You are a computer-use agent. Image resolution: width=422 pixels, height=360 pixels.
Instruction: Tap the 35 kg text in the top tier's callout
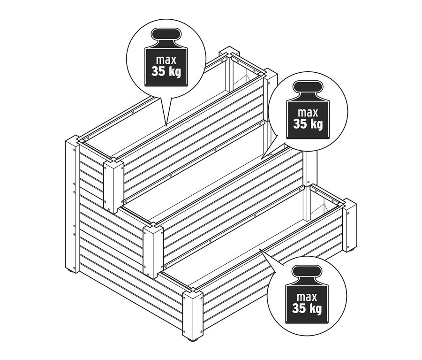[166, 72]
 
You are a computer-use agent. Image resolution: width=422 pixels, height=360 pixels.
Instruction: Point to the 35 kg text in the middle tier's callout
[308, 124]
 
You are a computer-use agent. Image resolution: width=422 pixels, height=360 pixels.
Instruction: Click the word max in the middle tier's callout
[308, 113]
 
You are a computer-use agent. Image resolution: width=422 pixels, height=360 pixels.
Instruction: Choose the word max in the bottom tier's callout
[306, 297]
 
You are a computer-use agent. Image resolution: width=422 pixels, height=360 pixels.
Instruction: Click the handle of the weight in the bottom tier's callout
[306, 272]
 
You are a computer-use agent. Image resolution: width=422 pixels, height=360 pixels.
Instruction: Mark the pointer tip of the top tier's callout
[166, 125]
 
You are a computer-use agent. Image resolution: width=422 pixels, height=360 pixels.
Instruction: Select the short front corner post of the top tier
[113, 185]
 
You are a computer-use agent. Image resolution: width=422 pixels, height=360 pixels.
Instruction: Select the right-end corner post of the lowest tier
[349, 228]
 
